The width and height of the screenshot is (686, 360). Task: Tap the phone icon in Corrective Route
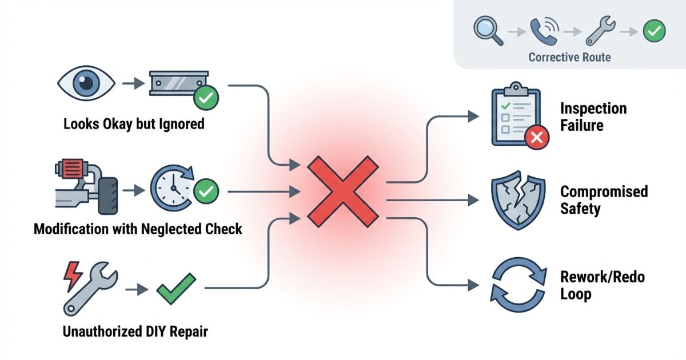(x=544, y=31)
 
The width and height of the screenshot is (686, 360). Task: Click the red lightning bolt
(x=73, y=275)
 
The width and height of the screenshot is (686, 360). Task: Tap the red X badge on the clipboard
(x=536, y=138)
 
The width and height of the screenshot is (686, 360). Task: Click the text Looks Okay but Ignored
(x=134, y=124)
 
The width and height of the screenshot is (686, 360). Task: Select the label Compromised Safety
(x=604, y=199)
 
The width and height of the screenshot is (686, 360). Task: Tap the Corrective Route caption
(x=569, y=57)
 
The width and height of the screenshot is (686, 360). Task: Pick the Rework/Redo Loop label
(x=602, y=286)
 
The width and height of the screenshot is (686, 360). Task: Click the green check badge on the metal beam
(x=206, y=99)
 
